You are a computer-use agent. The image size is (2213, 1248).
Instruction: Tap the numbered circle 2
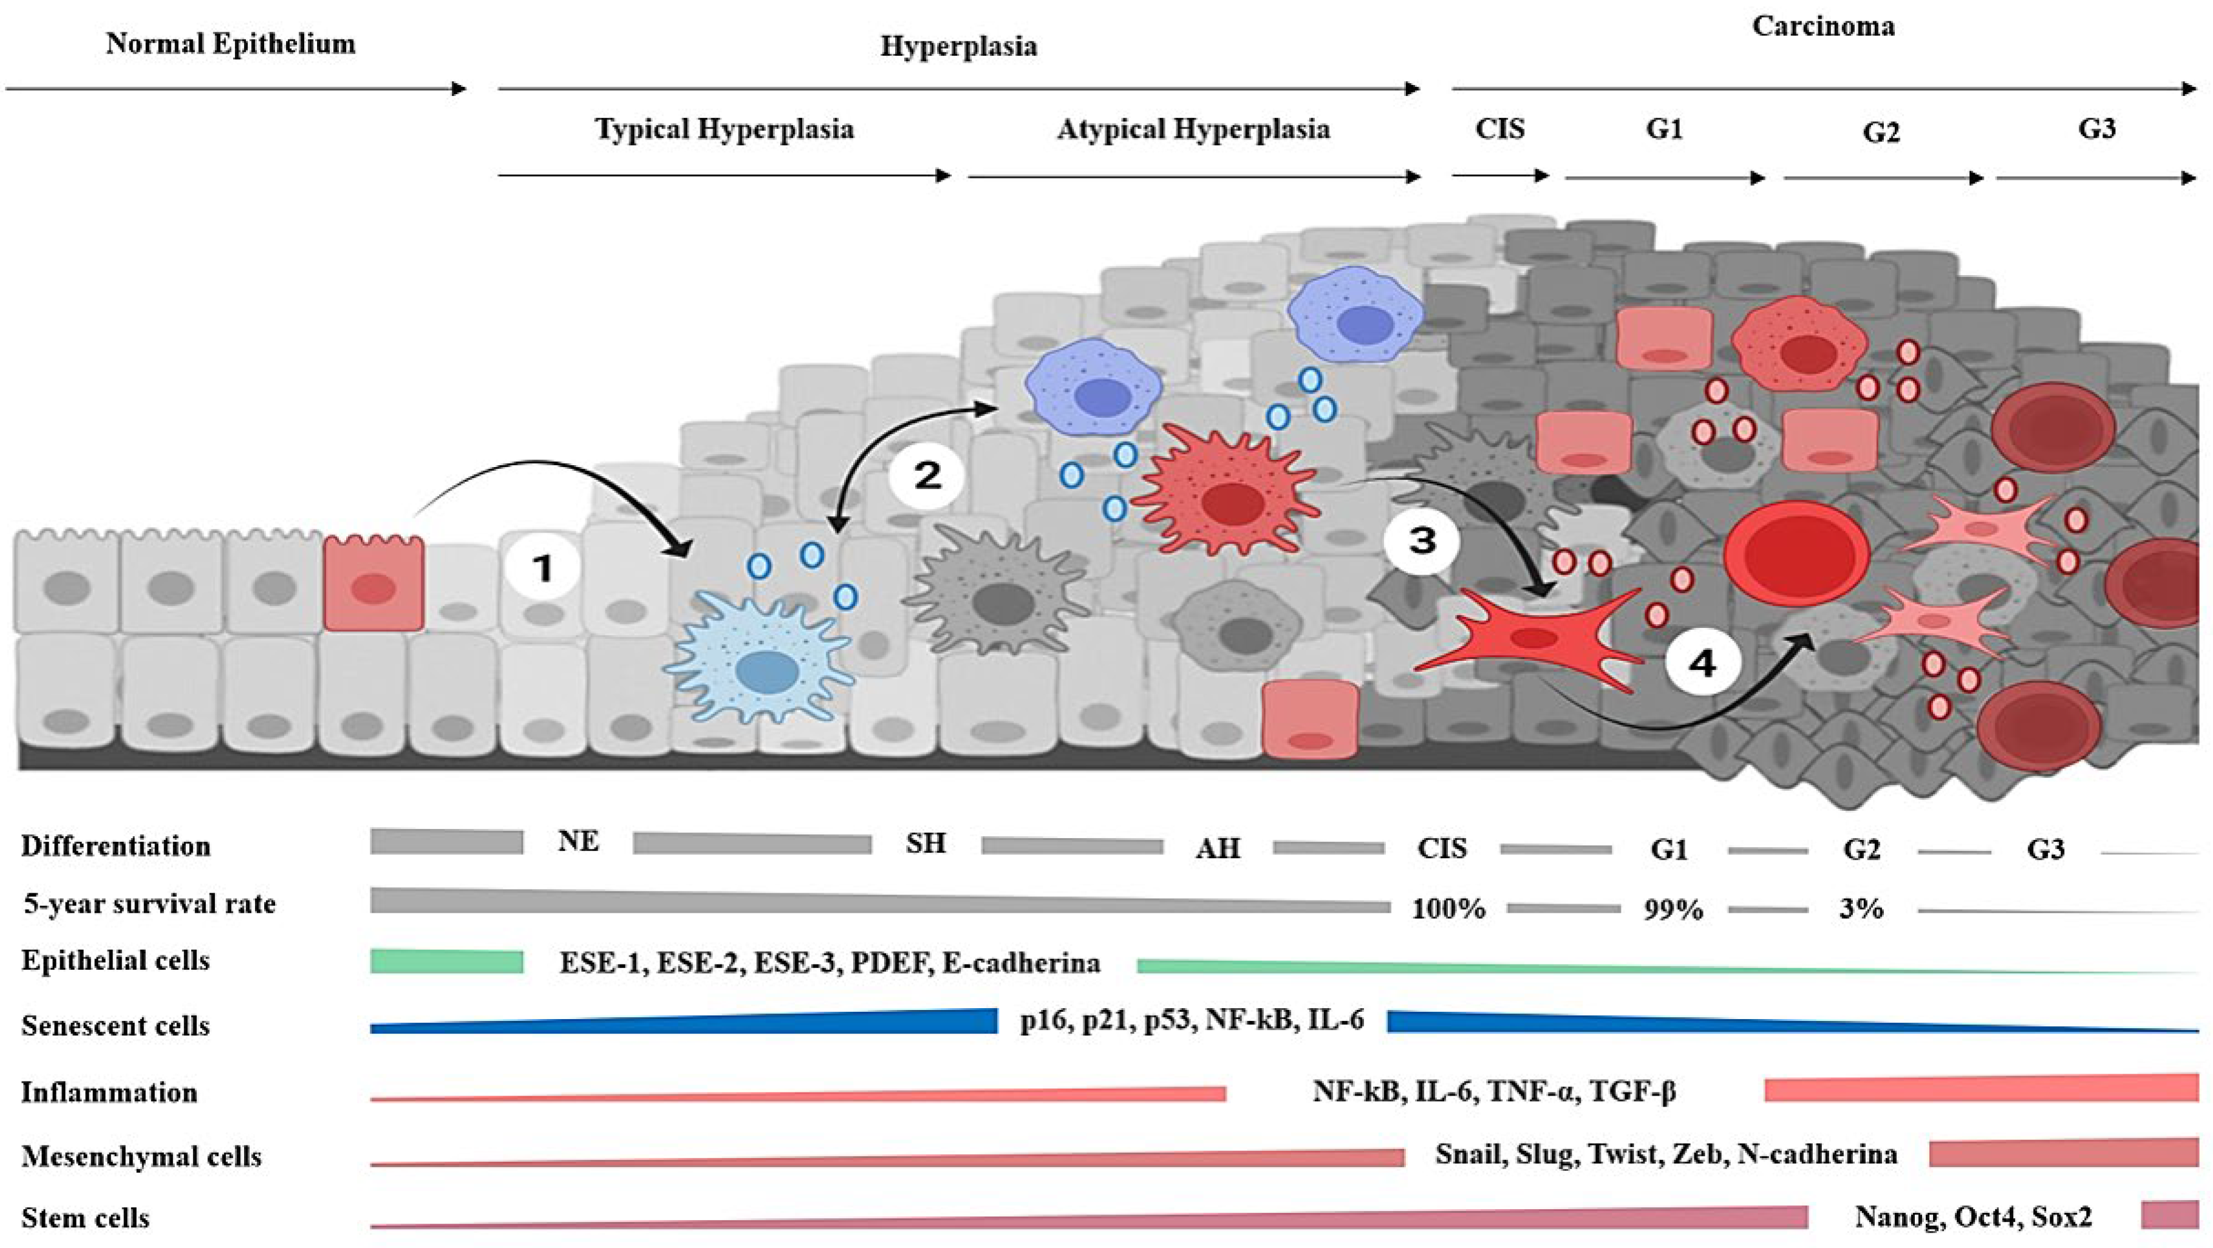pyautogui.click(x=927, y=475)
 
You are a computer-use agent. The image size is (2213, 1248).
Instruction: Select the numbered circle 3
pyautogui.click(x=1422, y=541)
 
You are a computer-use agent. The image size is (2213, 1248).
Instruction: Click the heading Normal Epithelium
pyautogui.click(x=230, y=44)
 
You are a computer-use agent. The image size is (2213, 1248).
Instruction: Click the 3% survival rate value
pyautogui.click(x=1861, y=909)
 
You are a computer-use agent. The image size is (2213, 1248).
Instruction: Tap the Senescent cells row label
pyautogui.click(x=116, y=1026)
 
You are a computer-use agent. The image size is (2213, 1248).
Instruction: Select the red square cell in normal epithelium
pyautogui.click(x=373, y=585)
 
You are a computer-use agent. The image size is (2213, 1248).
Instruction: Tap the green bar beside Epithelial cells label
pyautogui.click(x=447, y=961)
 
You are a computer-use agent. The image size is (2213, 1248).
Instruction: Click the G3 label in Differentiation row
pyautogui.click(x=2045, y=850)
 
